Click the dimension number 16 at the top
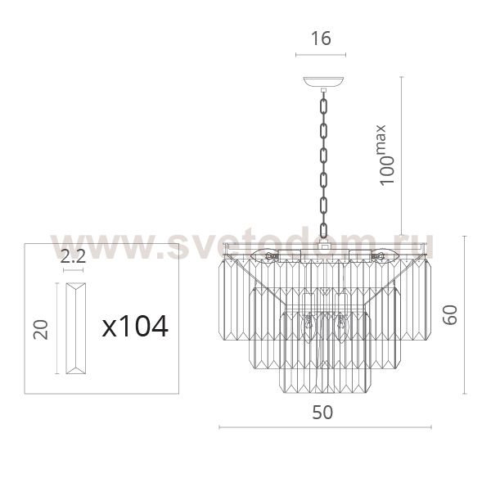coord(321,38)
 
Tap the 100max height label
coord(385,156)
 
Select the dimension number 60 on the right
coord(450,315)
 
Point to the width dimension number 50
coord(322,413)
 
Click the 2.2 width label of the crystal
coord(73,257)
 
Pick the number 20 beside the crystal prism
coord(41,329)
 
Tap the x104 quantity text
coord(135,327)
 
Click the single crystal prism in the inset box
coord(75,328)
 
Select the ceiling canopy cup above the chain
coord(323,82)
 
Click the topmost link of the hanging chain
coord(323,106)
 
